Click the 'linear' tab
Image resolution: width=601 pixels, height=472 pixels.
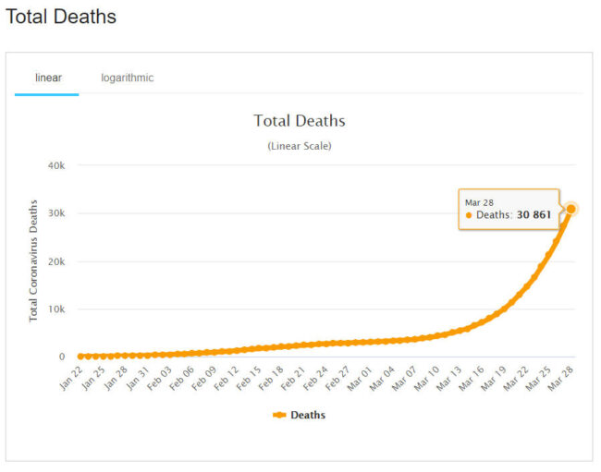click(48, 78)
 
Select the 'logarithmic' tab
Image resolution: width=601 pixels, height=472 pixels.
click(128, 78)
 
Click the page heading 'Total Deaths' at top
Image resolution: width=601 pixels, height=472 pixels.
click(61, 17)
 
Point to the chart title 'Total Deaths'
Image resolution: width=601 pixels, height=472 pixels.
click(300, 121)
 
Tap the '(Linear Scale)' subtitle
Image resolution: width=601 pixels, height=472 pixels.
click(300, 146)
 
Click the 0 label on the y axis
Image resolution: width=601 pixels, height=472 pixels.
click(62, 357)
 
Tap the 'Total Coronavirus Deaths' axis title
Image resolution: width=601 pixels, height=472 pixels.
click(33, 260)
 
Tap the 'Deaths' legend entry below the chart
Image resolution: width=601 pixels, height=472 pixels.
click(300, 415)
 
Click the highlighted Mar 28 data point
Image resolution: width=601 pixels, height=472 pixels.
click(571, 209)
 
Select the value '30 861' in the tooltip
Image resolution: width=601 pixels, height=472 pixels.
click(534, 214)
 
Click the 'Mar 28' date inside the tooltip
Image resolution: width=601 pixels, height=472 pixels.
click(478, 201)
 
